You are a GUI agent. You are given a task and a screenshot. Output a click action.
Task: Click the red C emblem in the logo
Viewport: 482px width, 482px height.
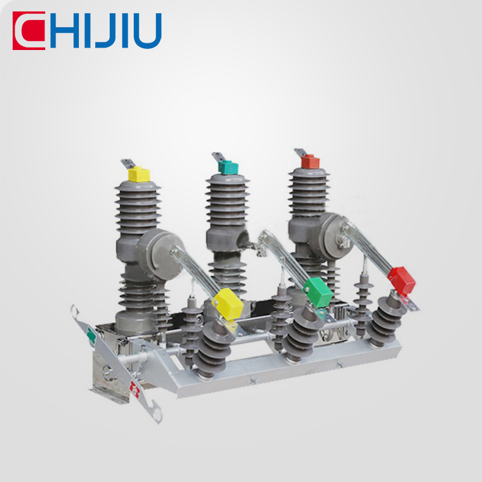point(28,31)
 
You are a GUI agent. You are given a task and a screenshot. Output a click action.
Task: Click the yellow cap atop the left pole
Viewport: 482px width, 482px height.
point(139,174)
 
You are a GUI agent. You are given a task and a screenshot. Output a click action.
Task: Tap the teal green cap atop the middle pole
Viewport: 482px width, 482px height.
point(228,167)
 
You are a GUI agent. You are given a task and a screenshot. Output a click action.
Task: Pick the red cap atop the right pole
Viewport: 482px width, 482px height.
point(310,161)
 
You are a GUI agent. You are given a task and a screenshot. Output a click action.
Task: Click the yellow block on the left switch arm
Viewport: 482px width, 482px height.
point(228,304)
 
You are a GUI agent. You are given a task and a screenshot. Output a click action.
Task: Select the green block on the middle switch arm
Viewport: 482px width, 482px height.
point(318,292)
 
